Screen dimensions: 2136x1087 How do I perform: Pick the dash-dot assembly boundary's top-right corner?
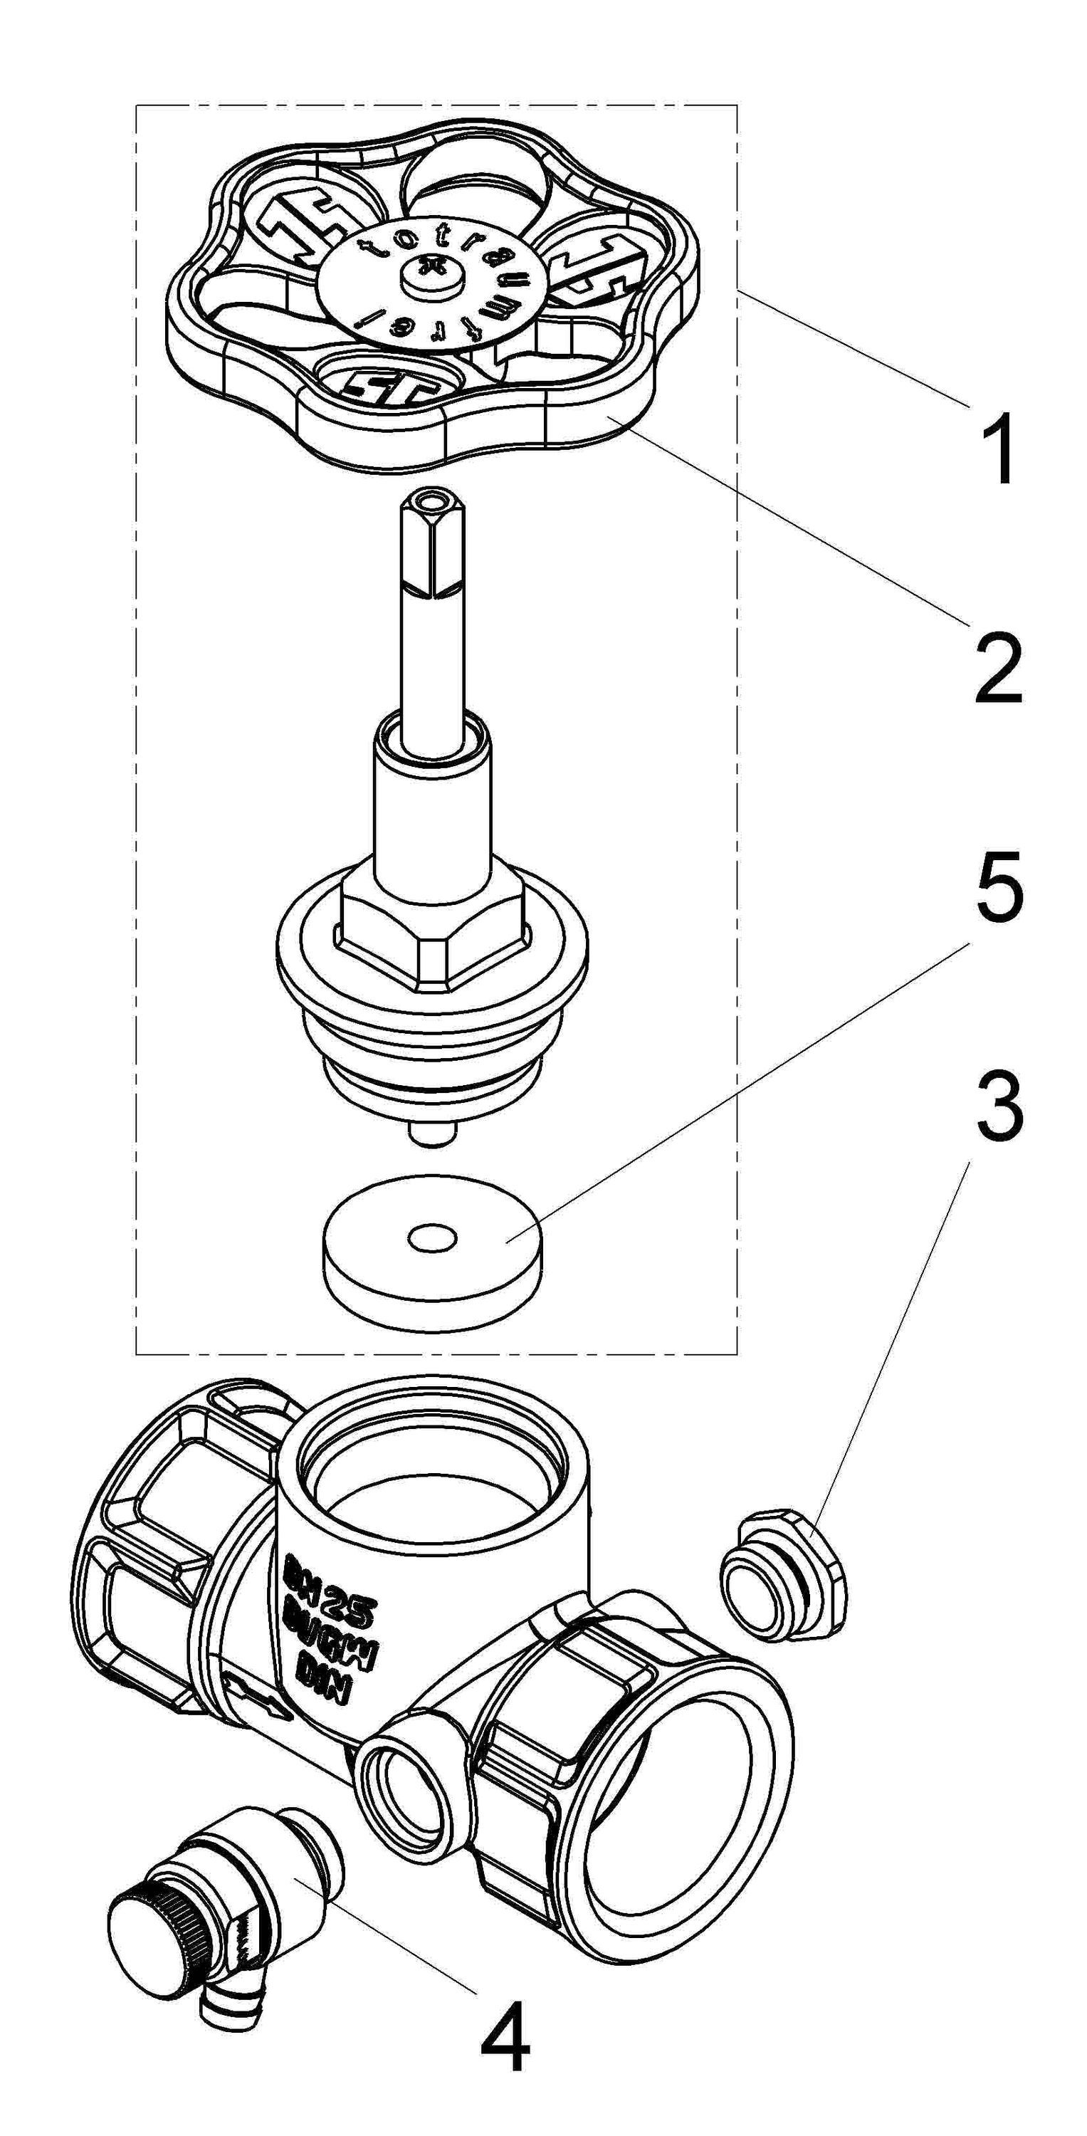point(736,105)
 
